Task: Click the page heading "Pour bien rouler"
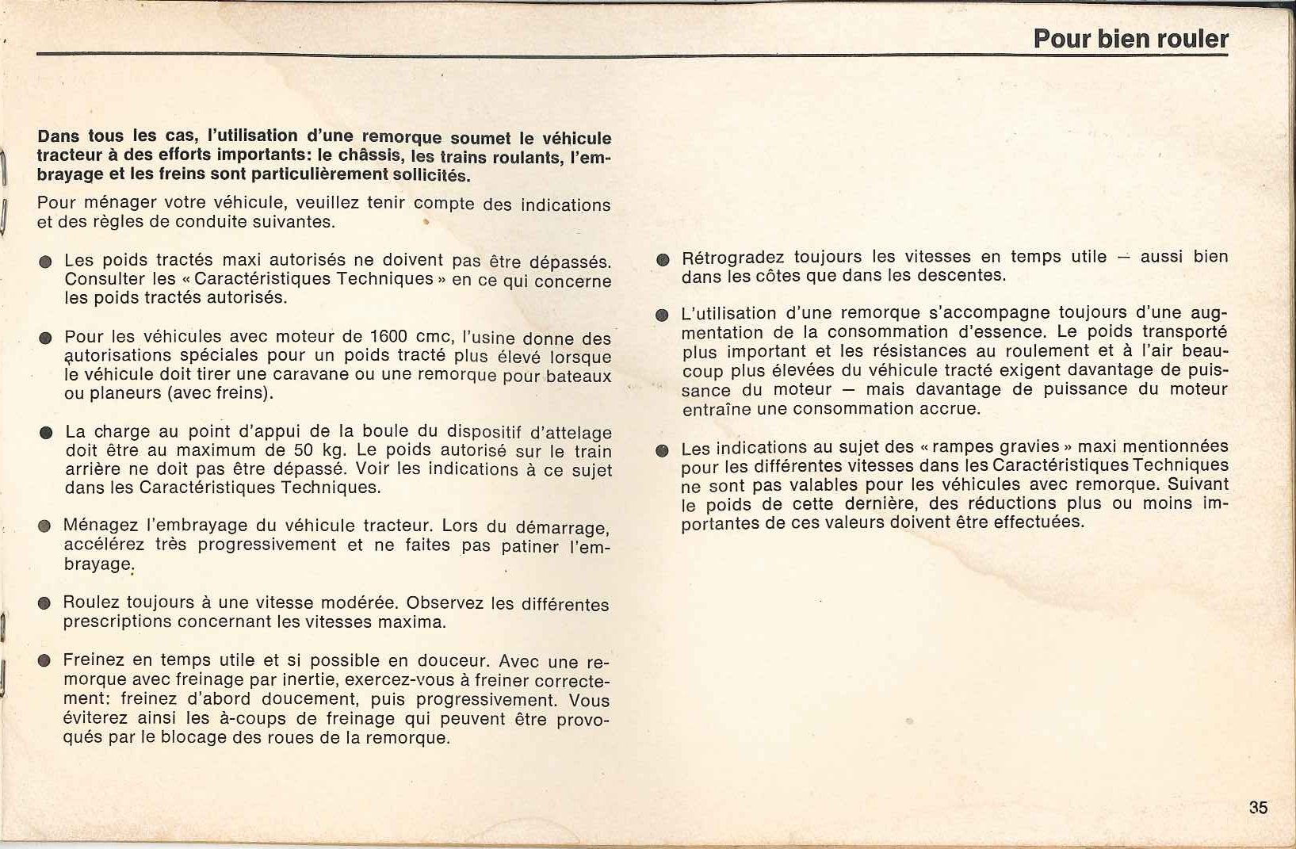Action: point(1130,39)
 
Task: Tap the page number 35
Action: point(1258,808)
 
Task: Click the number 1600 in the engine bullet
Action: point(388,337)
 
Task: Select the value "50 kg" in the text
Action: point(315,450)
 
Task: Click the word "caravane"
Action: point(315,374)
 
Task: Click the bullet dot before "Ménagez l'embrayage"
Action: point(45,526)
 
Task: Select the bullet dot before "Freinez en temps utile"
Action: point(45,661)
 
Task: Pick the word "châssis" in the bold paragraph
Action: point(376,155)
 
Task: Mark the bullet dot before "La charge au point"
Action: point(46,433)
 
